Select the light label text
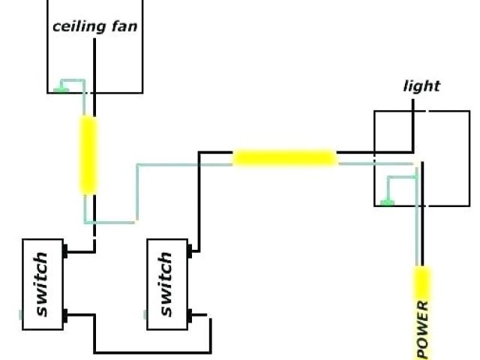[x=421, y=86]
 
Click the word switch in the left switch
[x=42, y=284]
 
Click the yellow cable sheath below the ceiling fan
[x=89, y=154]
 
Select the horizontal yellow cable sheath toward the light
[x=284, y=158]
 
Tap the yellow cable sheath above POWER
[x=423, y=283]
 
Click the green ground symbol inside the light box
[x=386, y=201]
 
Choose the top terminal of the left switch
[x=67, y=251]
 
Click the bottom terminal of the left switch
[x=67, y=315]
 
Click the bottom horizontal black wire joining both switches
[x=150, y=352]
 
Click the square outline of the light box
[x=469, y=157]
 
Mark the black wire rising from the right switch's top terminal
[x=199, y=202]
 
